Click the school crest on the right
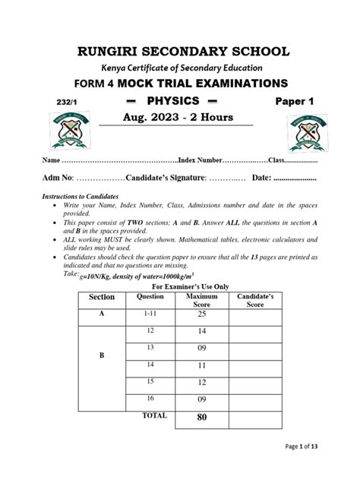[289, 137]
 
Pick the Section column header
[102, 297]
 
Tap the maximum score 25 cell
[201, 314]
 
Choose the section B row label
[101, 354]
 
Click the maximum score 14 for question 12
[201, 332]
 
